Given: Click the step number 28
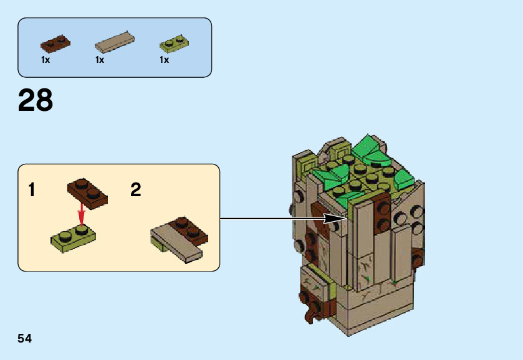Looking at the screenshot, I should tap(36, 100).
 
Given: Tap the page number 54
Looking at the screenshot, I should tap(25, 339).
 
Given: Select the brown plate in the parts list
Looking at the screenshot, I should tap(55, 42).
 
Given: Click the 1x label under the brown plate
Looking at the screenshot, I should tap(46, 60).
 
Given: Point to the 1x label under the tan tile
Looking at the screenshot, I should tap(100, 60).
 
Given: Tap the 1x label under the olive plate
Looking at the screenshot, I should tap(165, 60).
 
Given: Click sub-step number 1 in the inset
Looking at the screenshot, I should tap(32, 190).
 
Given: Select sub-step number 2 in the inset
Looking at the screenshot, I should tap(136, 190).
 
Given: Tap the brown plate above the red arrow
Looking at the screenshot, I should tap(88, 191).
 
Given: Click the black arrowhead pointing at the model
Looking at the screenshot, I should tap(342, 218).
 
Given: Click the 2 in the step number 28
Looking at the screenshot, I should tap(27, 100).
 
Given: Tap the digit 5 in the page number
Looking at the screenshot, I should tap(21, 339).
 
